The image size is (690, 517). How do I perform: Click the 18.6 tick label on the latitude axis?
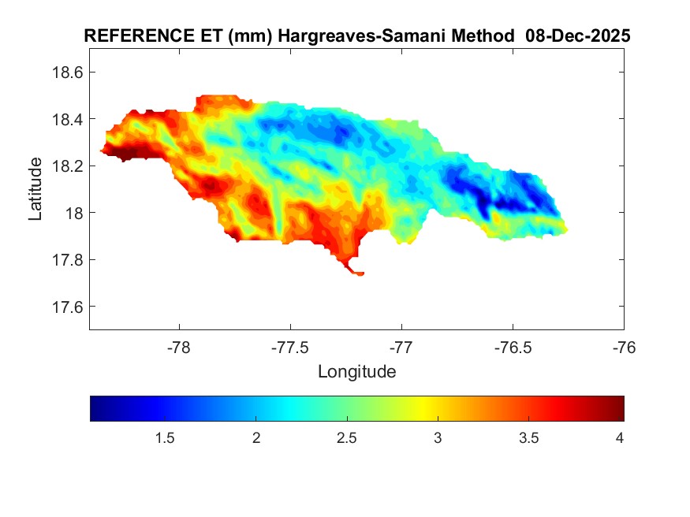tap(67, 73)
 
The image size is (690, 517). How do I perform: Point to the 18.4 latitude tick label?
tap(67, 119)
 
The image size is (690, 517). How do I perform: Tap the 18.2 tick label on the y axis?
tap(67, 166)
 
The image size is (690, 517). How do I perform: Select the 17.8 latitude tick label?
tap(67, 260)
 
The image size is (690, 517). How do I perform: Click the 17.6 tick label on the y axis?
tap(67, 307)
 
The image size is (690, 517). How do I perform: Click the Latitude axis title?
tap(35, 189)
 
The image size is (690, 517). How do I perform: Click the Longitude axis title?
tap(356, 371)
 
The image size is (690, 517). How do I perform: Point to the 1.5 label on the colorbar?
tap(164, 437)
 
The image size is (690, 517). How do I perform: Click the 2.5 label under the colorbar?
tap(347, 437)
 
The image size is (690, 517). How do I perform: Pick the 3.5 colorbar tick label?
tap(529, 437)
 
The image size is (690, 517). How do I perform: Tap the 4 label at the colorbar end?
tap(620, 437)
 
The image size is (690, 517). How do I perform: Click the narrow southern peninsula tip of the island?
tap(359, 273)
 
